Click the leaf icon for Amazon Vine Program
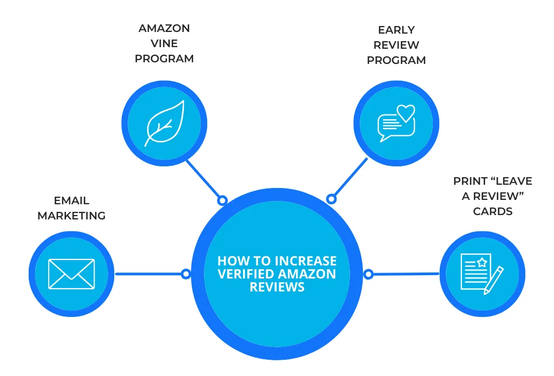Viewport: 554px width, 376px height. click(164, 124)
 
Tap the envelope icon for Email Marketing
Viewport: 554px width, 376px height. click(71, 274)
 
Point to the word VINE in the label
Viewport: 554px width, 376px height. click(164, 43)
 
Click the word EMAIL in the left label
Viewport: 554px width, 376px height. click(71, 201)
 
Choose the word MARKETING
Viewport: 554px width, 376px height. click(71, 216)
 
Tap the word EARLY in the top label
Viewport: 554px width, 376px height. click(396, 30)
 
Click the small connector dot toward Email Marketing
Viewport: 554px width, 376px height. click(186, 274)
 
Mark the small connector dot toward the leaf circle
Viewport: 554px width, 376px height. click(222, 200)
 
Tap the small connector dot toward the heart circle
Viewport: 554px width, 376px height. click(332, 199)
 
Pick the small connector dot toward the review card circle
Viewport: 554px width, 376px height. click(368, 274)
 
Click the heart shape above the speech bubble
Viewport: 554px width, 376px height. click(406, 113)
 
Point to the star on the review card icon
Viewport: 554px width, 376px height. click(480, 263)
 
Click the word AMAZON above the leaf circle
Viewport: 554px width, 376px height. click(164, 28)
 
